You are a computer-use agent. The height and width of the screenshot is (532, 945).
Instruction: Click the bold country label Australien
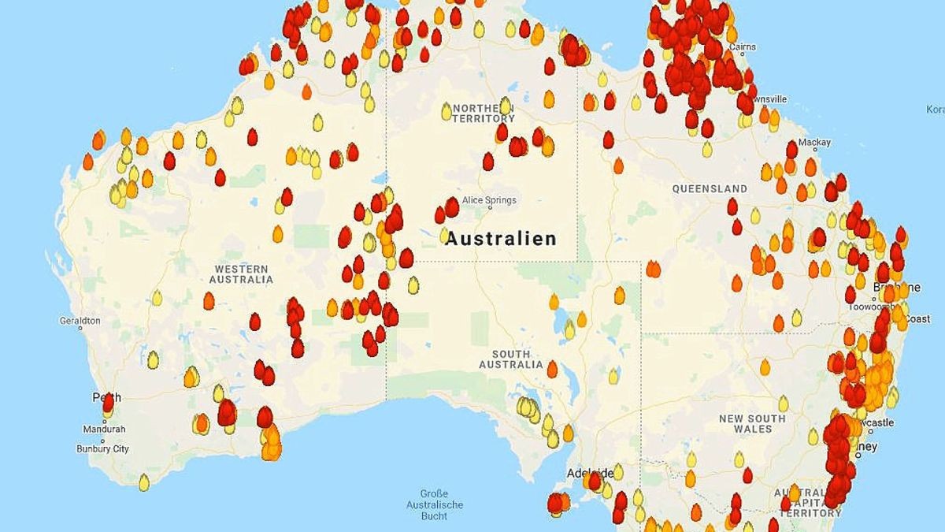click(x=501, y=238)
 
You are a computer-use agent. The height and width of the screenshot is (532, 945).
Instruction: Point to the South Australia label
click(x=511, y=359)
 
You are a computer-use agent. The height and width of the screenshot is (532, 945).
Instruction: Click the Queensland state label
click(x=710, y=189)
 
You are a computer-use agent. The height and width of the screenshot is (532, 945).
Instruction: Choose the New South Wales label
click(x=751, y=423)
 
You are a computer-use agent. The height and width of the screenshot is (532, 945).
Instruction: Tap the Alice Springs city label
click(x=489, y=200)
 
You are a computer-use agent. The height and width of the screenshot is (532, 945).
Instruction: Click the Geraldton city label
click(x=80, y=321)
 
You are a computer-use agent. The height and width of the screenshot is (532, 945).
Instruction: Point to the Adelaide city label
click(x=589, y=474)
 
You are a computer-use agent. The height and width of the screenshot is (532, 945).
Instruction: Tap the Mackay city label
click(x=814, y=143)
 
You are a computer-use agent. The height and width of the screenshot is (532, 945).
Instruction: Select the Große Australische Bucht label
click(x=435, y=504)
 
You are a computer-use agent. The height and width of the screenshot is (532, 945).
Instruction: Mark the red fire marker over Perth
click(x=108, y=401)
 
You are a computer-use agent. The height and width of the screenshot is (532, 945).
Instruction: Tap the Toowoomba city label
click(x=869, y=307)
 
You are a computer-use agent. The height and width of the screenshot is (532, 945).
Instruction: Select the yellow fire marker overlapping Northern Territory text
click(x=506, y=106)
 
